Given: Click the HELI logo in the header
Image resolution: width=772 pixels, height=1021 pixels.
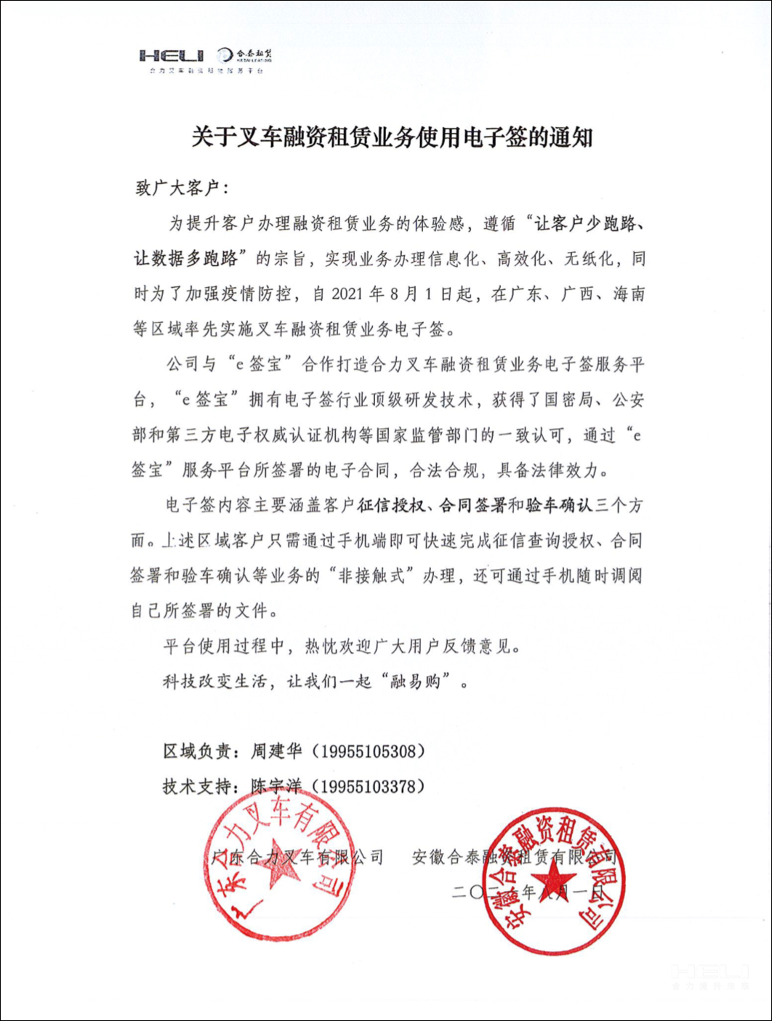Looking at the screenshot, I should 172,55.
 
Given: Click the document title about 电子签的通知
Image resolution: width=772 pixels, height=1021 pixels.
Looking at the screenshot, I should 392,137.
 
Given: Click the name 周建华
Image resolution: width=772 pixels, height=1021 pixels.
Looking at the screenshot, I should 276,751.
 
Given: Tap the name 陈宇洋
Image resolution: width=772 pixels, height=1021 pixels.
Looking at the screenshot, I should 276,786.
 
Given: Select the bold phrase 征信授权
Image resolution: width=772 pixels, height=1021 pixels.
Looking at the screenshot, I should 390,505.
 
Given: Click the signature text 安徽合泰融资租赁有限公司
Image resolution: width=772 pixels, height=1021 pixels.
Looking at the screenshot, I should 515,857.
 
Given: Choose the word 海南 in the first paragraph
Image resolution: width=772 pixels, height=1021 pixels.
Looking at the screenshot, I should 629,294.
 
